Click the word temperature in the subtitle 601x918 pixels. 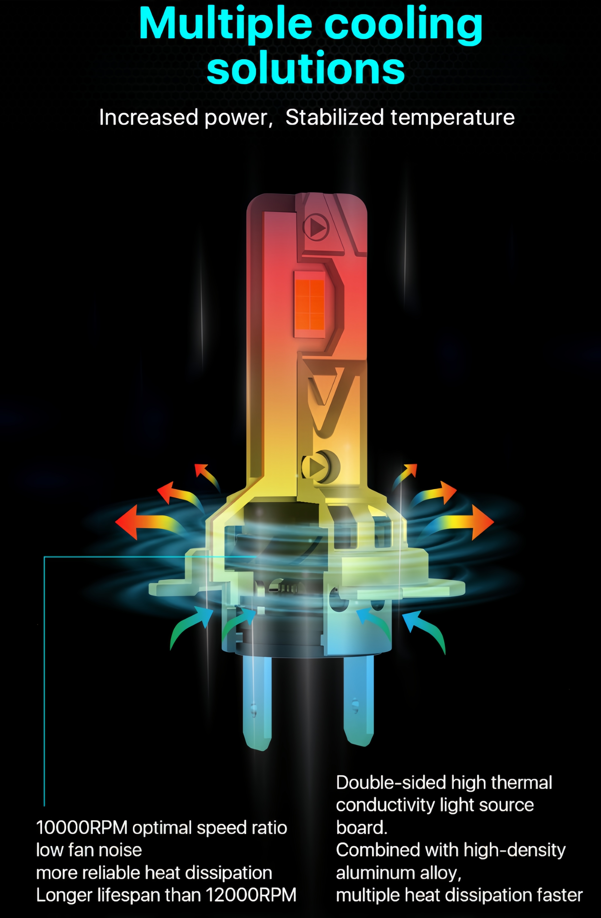452,118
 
